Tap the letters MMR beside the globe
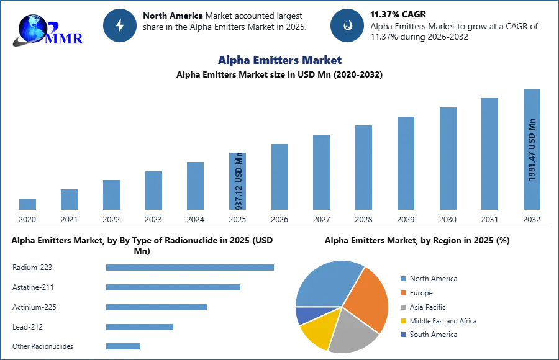[x=65, y=38]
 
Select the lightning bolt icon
[x=120, y=25]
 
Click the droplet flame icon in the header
[x=347, y=25]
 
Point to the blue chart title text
[x=279, y=60]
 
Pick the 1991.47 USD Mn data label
[x=532, y=150]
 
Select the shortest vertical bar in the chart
[x=27, y=205]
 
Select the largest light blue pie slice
[x=326, y=282]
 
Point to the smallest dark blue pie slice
[x=304, y=315]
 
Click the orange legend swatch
[x=402, y=292]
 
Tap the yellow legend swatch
[x=402, y=322]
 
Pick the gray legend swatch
[x=402, y=307]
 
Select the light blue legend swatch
[x=402, y=278]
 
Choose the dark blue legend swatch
[x=402, y=334]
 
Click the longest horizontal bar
[x=191, y=268]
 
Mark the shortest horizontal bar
[x=124, y=348]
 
